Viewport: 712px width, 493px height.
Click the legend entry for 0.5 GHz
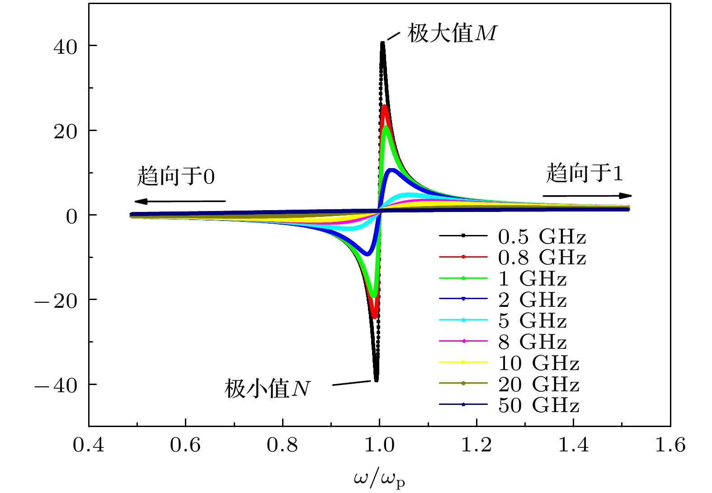(x=542, y=236)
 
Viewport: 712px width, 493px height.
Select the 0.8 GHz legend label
(x=542, y=258)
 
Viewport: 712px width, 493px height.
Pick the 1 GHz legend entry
(x=532, y=279)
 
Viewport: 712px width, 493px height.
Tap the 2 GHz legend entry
(x=532, y=300)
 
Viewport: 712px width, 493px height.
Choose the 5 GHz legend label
(x=532, y=321)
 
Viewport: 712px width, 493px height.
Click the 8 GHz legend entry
(x=532, y=342)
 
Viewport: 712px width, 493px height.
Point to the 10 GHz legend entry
(x=538, y=363)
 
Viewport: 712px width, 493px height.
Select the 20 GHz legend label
(x=538, y=385)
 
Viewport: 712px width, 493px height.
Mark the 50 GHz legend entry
(x=538, y=405)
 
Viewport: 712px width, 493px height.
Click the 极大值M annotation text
(x=452, y=33)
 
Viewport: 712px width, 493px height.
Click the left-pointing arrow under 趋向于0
(x=179, y=201)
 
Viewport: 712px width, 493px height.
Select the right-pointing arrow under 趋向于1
(x=587, y=196)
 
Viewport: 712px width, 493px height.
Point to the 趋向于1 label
(x=585, y=173)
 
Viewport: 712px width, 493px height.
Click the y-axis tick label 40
(x=66, y=47)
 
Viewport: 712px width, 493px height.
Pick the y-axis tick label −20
(x=57, y=300)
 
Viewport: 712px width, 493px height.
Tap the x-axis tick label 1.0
(x=379, y=445)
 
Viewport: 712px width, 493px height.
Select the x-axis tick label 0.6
(x=185, y=445)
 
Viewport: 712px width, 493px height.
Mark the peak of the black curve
(x=382, y=43)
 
